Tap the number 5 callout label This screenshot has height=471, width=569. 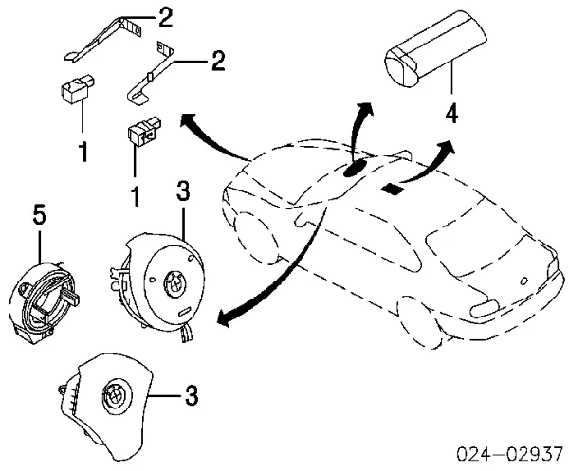click(x=40, y=216)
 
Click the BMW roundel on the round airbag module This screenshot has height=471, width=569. click(x=174, y=282)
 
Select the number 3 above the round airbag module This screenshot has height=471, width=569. click(x=183, y=190)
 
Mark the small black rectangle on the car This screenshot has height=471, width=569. click(x=392, y=190)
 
